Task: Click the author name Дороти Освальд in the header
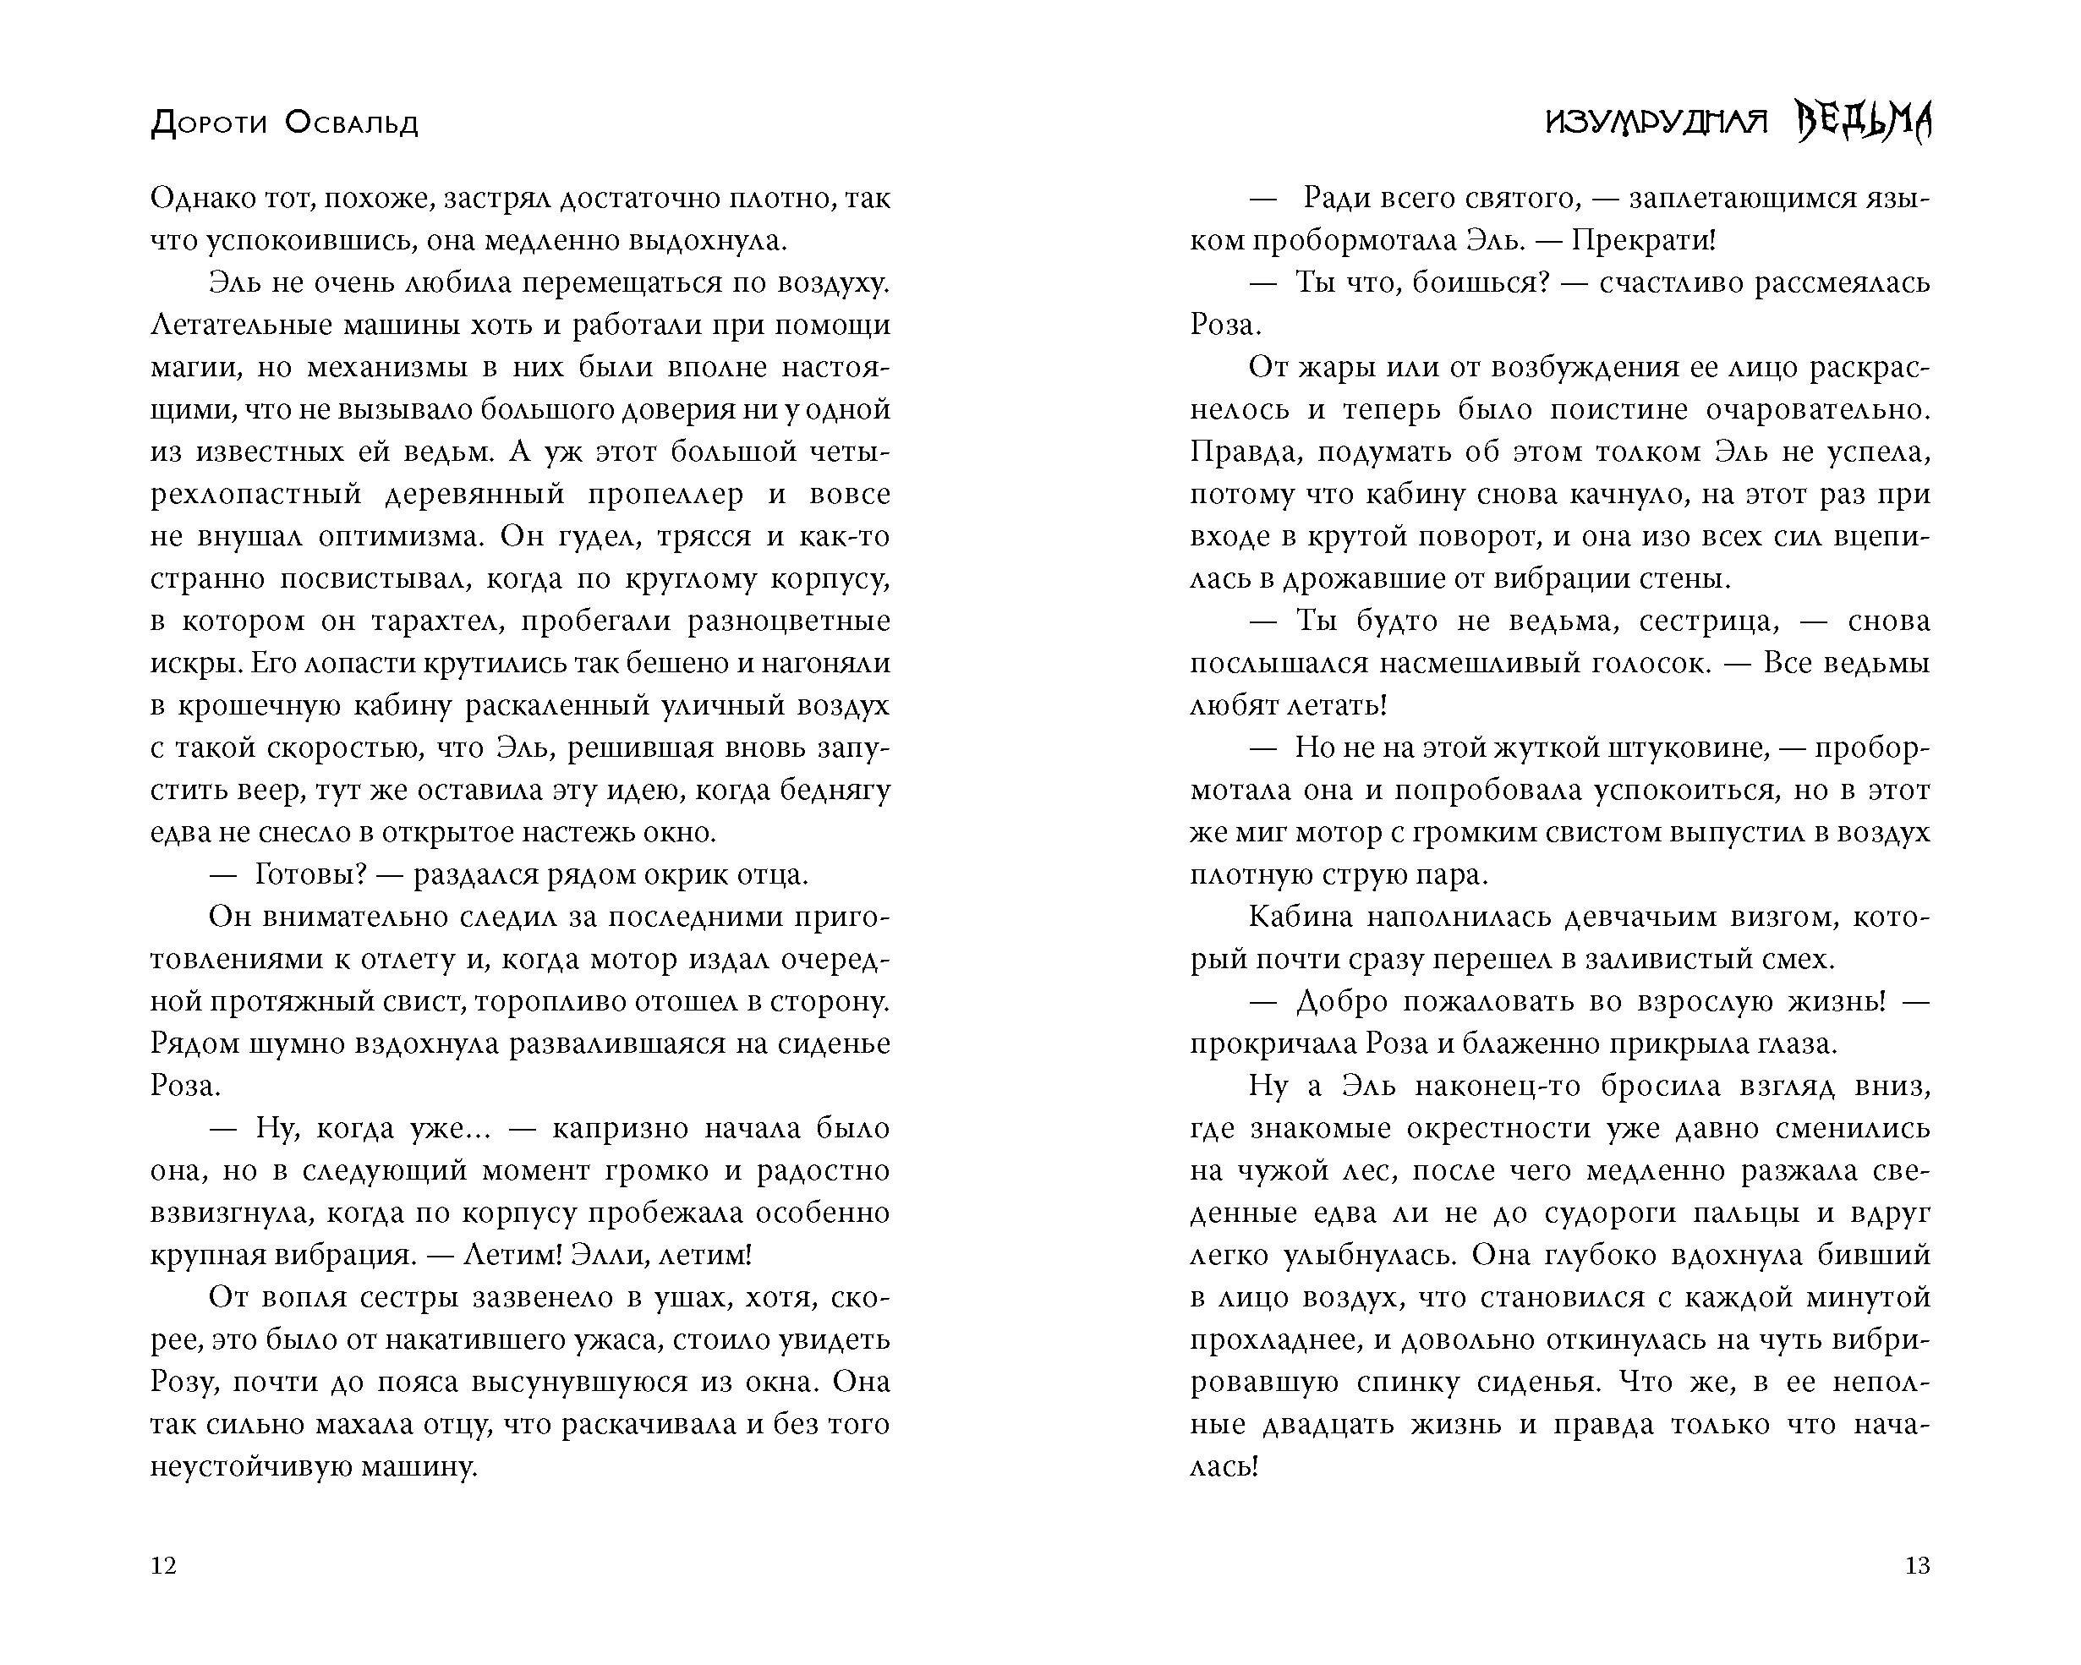285,123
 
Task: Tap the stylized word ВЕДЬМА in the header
1864,123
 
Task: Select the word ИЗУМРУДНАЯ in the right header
1657,123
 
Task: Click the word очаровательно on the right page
1815,410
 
